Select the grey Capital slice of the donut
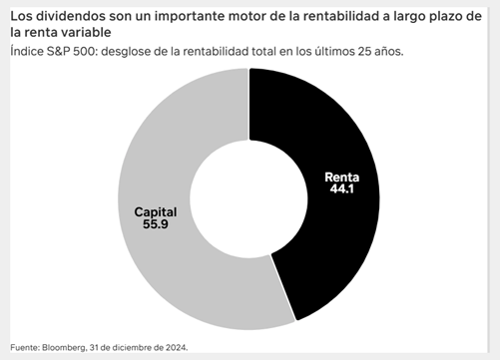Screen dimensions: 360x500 [x=170, y=269]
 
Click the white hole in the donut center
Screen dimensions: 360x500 [x=250, y=195]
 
